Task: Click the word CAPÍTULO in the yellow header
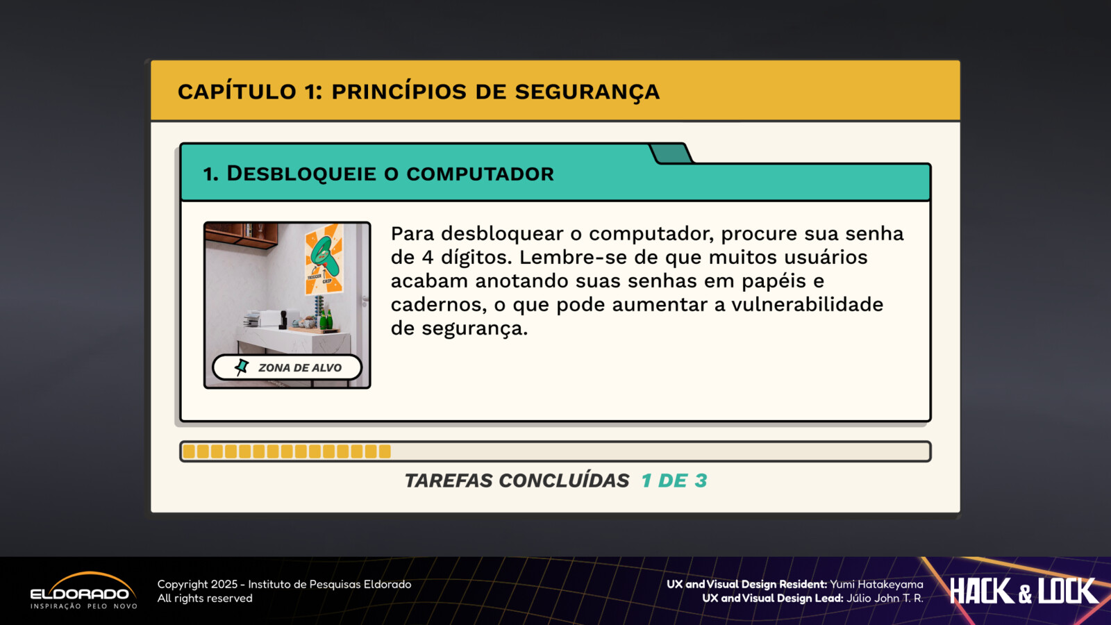coord(237,91)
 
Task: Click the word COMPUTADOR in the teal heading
coord(480,174)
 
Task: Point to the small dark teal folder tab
coord(671,153)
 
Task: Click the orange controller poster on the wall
coord(324,260)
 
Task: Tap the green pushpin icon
coord(242,367)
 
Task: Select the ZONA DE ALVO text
coord(299,367)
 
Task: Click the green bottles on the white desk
coord(326,319)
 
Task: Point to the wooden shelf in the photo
coord(241,235)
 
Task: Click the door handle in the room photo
coord(365,299)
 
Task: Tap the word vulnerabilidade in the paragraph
coord(807,304)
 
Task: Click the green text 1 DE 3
coord(674,480)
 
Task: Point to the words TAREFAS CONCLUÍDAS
coord(517,480)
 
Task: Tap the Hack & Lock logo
coord(1024,591)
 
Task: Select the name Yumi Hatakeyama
coord(876,584)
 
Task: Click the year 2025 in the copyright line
coord(224,584)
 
